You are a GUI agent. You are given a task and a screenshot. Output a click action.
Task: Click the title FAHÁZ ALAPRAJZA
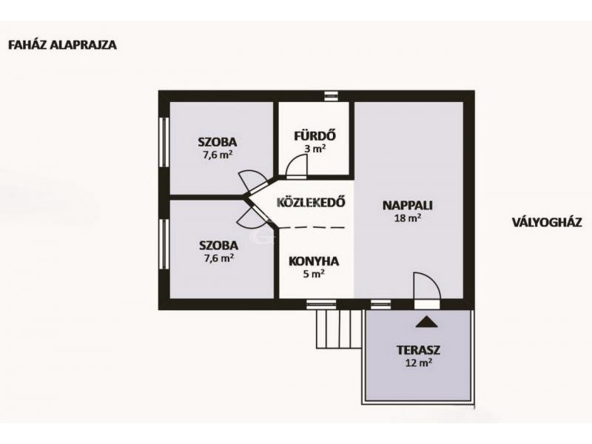(62, 45)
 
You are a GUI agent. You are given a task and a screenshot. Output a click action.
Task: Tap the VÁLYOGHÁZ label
(547, 222)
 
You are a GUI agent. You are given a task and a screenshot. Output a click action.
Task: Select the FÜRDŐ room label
(315, 136)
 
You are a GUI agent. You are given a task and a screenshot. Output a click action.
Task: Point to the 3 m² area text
(315, 149)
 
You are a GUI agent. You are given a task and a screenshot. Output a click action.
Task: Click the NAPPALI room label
(408, 206)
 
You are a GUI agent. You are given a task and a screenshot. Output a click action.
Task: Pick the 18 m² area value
(408, 218)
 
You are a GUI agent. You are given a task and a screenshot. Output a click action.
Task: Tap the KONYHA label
(314, 261)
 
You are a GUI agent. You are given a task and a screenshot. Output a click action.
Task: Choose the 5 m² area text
(314, 274)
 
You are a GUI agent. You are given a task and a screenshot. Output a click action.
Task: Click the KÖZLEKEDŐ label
(311, 202)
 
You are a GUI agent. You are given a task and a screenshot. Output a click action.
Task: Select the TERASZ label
(418, 350)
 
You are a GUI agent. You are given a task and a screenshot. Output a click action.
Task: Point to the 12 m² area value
(418, 363)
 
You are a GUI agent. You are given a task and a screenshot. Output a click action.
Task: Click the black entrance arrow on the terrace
(427, 322)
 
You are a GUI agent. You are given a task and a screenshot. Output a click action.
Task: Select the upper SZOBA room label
(218, 142)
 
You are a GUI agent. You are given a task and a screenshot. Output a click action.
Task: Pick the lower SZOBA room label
(218, 246)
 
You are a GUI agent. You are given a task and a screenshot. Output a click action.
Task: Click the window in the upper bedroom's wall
(164, 142)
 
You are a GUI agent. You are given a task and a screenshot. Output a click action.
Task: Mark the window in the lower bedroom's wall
(164, 244)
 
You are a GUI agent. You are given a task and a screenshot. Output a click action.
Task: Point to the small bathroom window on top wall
(331, 96)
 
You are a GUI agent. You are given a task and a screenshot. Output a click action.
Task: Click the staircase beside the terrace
(339, 329)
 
